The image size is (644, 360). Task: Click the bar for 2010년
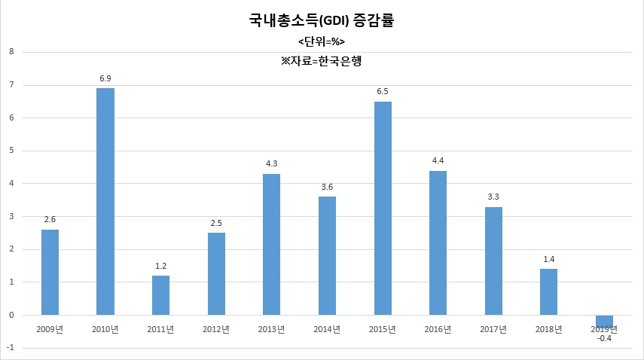(105, 202)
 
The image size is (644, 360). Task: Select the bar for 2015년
(383, 208)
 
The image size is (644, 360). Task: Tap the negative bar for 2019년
(605, 322)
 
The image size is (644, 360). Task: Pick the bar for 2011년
(161, 295)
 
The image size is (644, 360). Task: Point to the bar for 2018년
(548, 292)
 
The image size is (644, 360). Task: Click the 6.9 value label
(105, 78)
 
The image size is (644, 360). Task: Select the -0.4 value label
(605, 339)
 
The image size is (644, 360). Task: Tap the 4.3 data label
(272, 163)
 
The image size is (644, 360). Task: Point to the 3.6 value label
(328, 188)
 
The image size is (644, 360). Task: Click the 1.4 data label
(549, 259)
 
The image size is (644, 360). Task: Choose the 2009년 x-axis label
(50, 329)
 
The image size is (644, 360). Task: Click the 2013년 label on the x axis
(271, 329)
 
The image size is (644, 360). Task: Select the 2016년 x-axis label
(438, 329)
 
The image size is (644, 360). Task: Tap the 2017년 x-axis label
(493, 329)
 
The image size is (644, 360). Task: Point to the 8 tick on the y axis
(11, 52)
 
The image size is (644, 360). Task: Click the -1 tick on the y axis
(11, 348)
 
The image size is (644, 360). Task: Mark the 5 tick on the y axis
(11, 151)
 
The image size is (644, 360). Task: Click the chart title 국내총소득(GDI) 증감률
(322, 20)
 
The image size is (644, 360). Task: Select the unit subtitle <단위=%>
(322, 42)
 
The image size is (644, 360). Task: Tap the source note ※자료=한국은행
(321, 61)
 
